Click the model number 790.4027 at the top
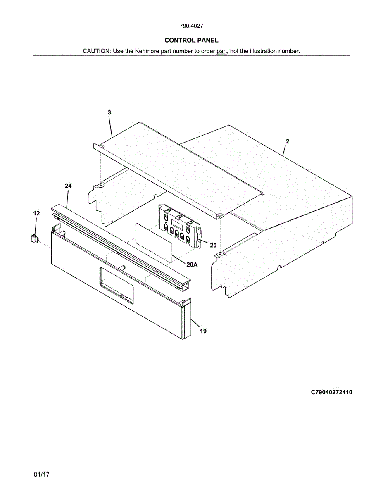191,26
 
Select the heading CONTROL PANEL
191,40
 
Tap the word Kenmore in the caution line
147,51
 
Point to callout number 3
109,112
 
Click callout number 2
288,141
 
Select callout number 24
68,186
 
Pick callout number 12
37,213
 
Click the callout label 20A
192,265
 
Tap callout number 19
203,331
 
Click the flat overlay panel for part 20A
153,242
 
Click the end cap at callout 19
187,320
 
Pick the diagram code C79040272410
332,392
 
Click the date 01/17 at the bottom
42,475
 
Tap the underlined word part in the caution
222,51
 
